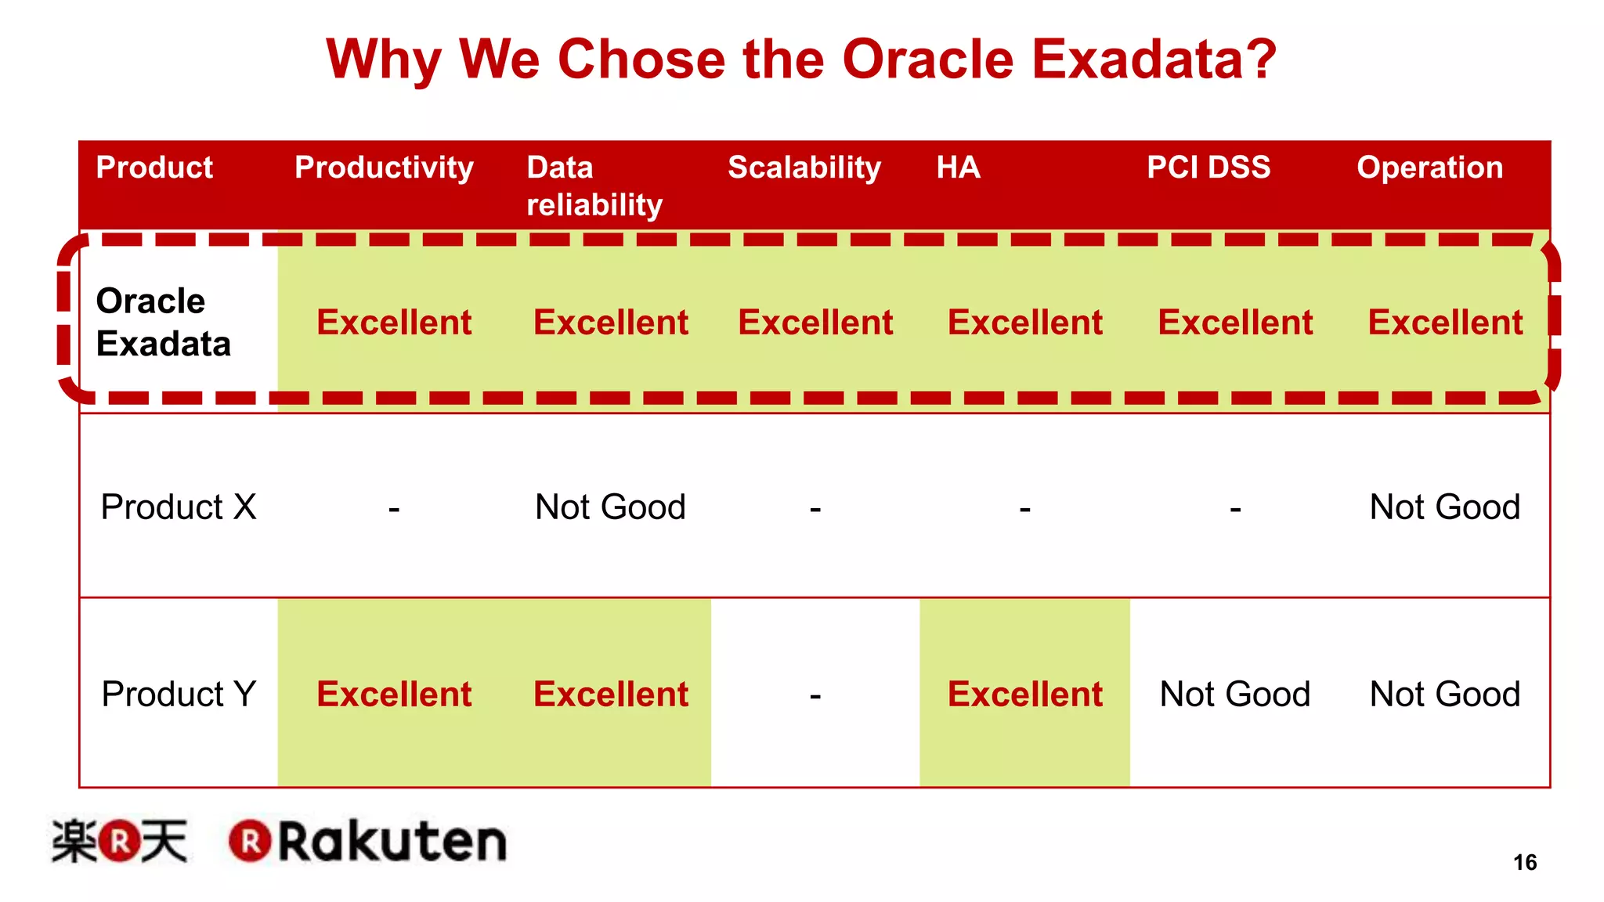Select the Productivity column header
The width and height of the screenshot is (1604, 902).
tap(384, 168)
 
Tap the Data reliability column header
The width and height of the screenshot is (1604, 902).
tap(594, 186)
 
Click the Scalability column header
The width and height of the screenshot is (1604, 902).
tap(804, 168)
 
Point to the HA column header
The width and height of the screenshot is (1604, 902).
tap(958, 168)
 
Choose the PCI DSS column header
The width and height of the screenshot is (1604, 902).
tap(1208, 168)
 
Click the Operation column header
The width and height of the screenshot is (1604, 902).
tap(1429, 168)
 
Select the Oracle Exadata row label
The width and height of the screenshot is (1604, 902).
tap(163, 322)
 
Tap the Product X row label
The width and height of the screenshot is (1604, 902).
tap(179, 507)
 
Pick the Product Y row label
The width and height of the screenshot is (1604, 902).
tap(179, 694)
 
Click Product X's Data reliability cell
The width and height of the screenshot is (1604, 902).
tap(610, 507)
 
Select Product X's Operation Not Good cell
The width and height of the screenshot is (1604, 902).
tap(1444, 507)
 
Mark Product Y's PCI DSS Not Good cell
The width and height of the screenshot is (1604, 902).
tap(1234, 694)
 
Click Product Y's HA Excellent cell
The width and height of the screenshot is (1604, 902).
tap(1024, 694)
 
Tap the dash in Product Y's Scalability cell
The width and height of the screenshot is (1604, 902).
tap(815, 695)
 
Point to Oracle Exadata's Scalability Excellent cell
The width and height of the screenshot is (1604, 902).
tap(815, 323)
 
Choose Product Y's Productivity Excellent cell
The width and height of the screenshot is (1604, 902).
tap(394, 694)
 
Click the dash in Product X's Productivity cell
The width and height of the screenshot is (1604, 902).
tap(394, 510)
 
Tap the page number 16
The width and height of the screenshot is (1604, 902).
tap(1524, 862)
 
